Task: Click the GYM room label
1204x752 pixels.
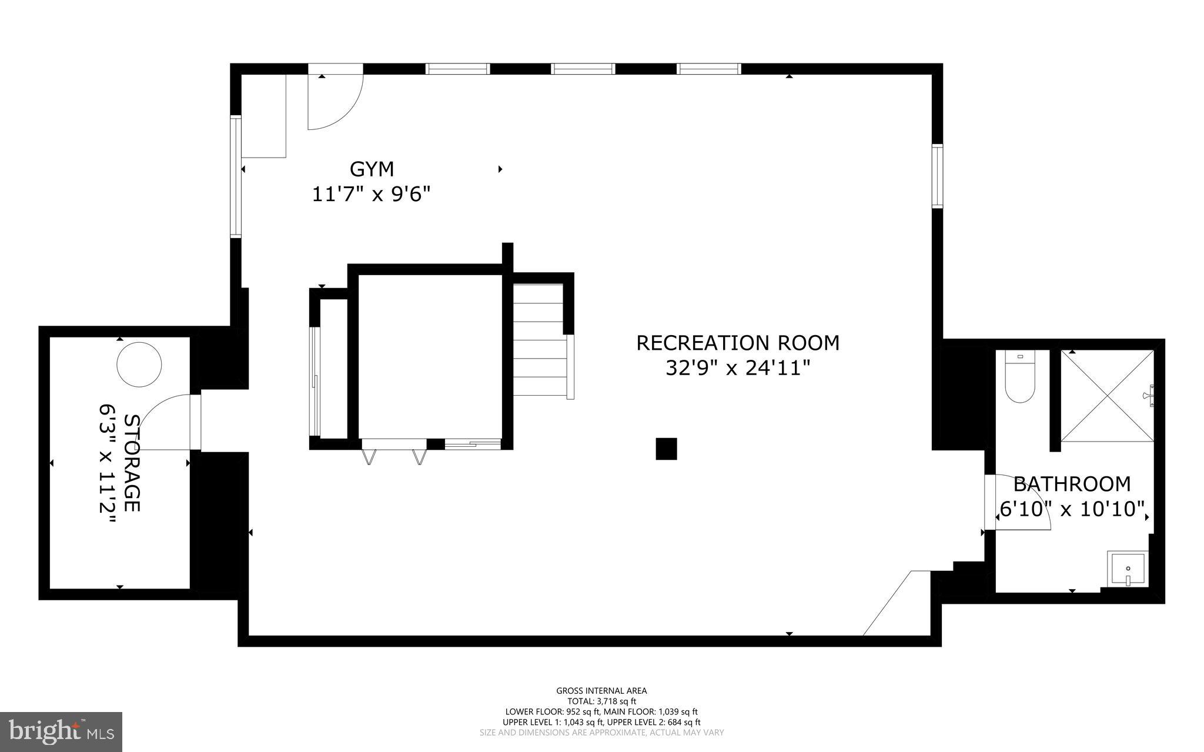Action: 372,169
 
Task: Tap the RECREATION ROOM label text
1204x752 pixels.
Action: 738,343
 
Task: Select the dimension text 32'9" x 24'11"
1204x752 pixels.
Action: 738,369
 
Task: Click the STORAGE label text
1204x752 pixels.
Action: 133,463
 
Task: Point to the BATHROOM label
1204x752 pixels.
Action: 1072,484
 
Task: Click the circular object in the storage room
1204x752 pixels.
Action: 139,365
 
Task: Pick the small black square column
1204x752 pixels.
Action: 666,449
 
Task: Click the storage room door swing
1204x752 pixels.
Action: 165,422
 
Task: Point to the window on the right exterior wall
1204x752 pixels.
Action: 937,176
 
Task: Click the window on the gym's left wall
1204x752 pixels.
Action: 236,176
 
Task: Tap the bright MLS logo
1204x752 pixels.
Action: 61,731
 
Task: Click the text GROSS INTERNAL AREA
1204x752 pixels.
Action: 601,691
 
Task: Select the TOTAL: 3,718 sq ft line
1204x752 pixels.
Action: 601,701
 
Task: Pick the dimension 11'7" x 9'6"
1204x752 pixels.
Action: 372,194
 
